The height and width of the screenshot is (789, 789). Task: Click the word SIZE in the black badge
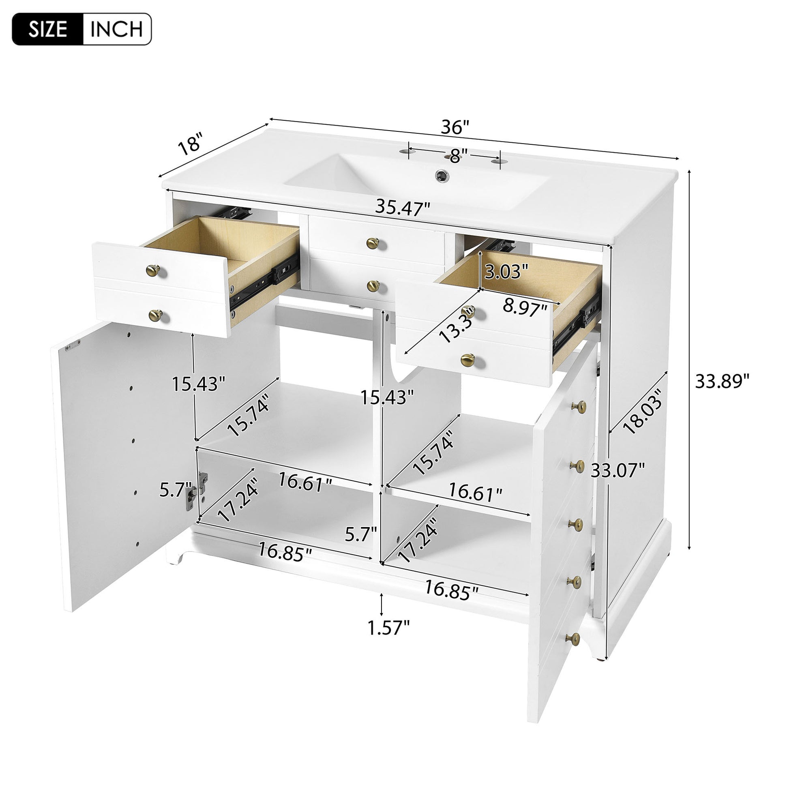click(48, 29)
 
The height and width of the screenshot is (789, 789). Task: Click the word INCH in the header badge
click(116, 29)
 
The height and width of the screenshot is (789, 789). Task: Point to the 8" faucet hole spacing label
click(458, 155)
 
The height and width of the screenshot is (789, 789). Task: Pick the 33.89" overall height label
click(723, 382)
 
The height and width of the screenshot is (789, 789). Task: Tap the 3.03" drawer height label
click(506, 271)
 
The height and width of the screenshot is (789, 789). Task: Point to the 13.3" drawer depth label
click(457, 324)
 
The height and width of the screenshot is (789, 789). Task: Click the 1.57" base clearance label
click(389, 639)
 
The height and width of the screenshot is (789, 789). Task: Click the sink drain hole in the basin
click(441, 175)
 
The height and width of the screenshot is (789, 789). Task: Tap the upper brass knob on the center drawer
click(373, 243)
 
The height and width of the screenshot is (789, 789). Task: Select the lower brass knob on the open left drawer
click(155, 315)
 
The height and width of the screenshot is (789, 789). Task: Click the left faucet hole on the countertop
click(405, 152)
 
